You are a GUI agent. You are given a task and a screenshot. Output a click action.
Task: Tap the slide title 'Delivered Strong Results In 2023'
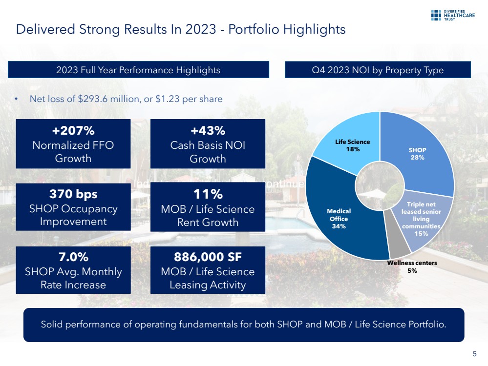tap(181, 29)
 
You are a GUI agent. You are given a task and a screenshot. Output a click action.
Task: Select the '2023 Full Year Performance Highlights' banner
tap(138, 70)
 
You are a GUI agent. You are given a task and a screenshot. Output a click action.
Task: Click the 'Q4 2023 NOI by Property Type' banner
tap(378, 70)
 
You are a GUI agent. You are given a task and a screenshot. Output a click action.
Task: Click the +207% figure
tap(73, 131)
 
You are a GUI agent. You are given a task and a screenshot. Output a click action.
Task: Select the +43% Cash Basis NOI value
tap(208, 131)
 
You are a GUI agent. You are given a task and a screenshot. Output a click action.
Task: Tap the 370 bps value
tap(73, 194)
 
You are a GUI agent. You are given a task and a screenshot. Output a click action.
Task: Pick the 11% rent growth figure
tap(208, 194)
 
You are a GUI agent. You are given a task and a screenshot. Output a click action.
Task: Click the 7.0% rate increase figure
tap(73, 257)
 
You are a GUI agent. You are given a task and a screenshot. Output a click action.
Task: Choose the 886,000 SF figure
tap(208, 257)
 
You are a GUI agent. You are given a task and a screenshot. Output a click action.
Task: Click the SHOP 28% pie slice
tap(418, 154)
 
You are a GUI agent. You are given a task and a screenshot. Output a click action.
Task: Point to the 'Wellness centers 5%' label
tap(412, 266)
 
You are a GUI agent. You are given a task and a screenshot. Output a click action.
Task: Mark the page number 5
tap(475, 354)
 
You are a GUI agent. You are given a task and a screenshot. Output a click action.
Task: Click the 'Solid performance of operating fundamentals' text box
tap(243, 325)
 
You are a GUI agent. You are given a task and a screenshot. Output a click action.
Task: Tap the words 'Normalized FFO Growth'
tap(73, 152)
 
